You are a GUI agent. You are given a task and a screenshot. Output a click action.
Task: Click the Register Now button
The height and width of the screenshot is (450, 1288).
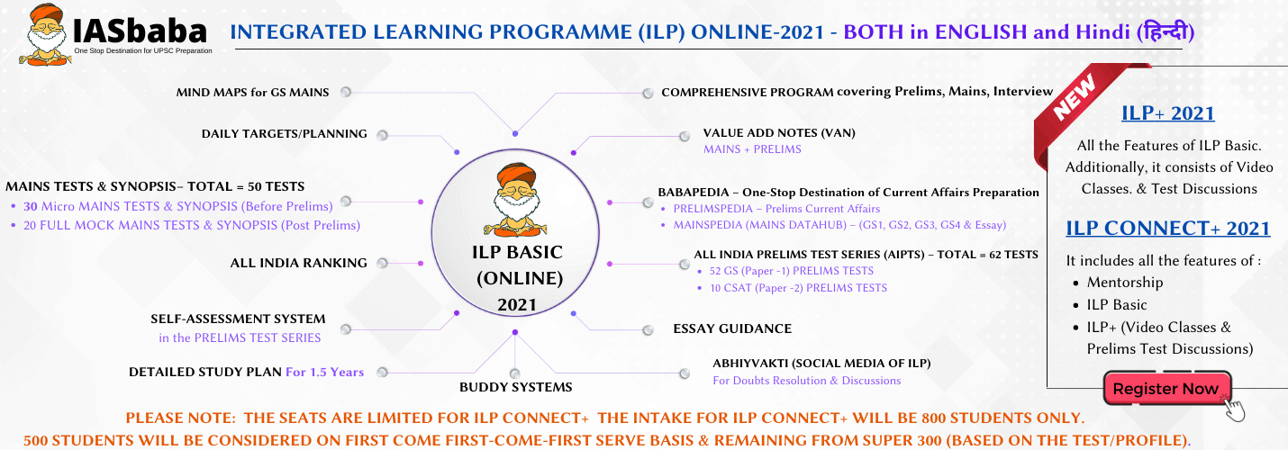[x=1167, y=389]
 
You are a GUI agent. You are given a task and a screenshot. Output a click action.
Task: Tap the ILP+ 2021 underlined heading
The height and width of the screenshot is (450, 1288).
[x=1168, y=112]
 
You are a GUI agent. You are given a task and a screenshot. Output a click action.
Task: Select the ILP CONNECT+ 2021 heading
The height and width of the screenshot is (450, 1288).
[x=1168, y=228]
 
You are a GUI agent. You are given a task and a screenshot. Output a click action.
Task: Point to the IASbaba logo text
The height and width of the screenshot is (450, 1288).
[x=139, y=31]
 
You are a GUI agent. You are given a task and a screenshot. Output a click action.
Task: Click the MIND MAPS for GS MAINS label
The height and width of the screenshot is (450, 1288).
[x=252, y=92]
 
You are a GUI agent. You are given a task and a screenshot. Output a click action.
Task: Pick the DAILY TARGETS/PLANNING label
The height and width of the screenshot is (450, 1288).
[x=284, y=133]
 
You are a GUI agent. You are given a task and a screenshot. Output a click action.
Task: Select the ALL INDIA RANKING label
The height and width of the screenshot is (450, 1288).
[x=298, y=263]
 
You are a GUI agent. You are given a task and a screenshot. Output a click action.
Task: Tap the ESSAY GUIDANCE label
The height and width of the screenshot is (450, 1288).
[x=732, y=328]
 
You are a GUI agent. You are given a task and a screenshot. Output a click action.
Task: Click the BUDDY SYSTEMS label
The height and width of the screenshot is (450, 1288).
[x=516, y=387]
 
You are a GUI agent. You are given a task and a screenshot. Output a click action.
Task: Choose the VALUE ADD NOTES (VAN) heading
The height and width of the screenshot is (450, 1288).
[x=779, y=133]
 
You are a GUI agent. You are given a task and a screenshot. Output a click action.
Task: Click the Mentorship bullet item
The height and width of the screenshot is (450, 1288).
[x=1125, y=283]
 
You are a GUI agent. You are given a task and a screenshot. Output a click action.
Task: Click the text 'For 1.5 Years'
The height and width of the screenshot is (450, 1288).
[x=325, y=372]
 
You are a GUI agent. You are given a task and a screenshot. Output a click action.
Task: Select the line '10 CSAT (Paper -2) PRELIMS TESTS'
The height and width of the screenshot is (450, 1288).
[x=799, y=288]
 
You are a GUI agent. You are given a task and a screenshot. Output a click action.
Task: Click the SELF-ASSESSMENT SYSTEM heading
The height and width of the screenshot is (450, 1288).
[x=238, y=319]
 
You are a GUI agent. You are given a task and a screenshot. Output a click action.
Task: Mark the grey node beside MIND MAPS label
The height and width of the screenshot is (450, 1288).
[x=346, y=92]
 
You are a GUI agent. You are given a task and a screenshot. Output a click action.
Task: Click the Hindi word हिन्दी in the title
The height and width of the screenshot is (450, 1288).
[x=1166, y=31]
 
